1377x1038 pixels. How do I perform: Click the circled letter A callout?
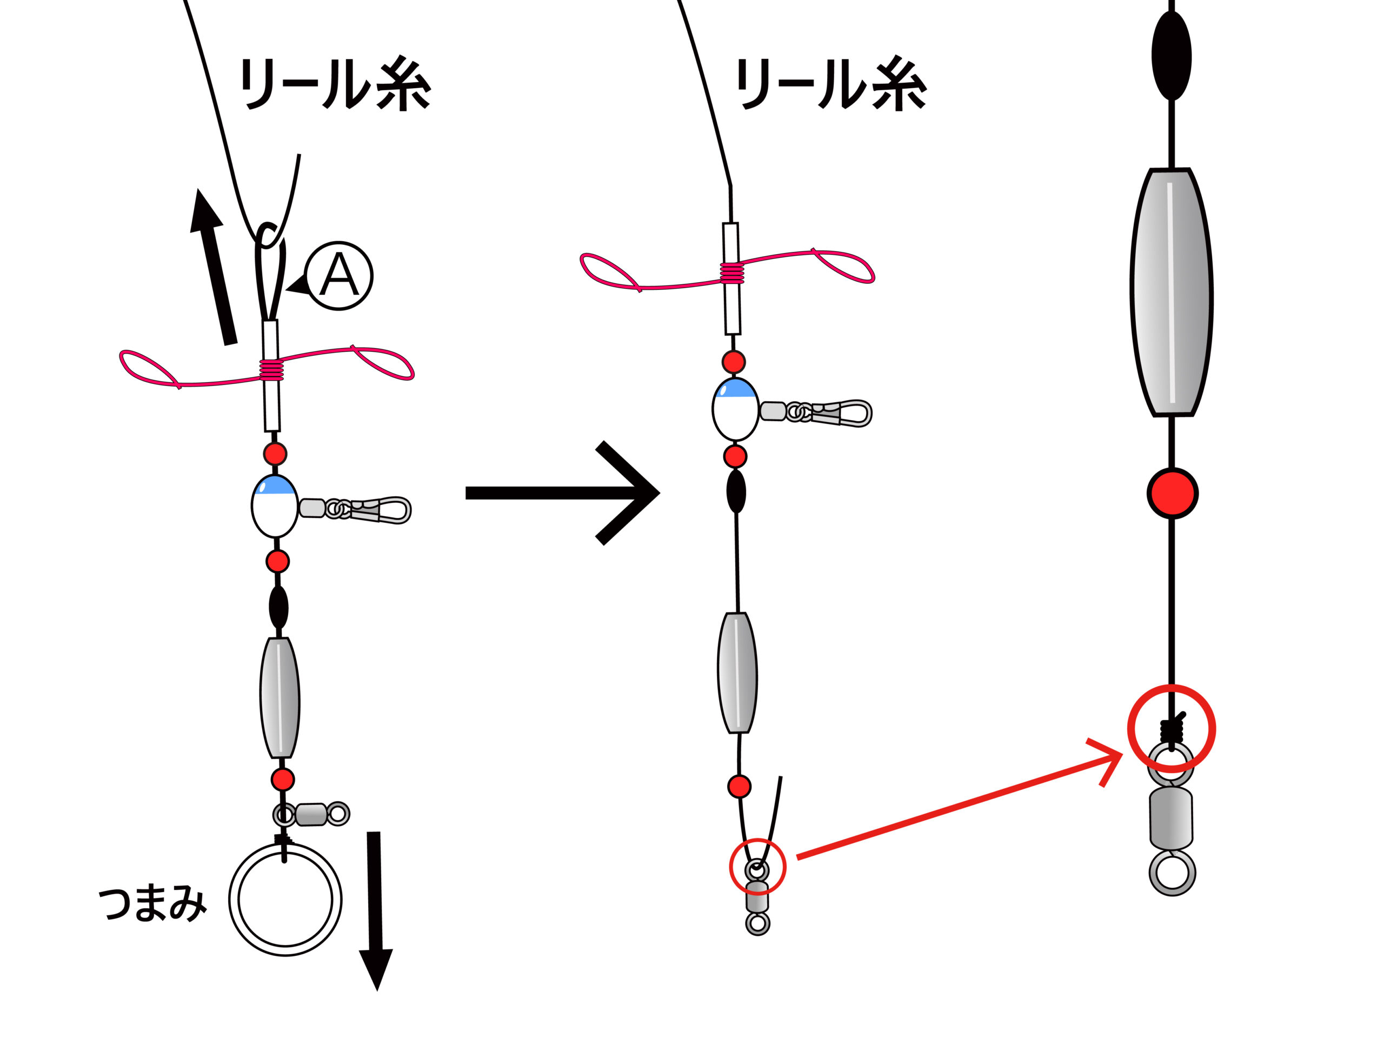[x=338, y=275]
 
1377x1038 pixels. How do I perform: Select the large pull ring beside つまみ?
[x=285, y=899]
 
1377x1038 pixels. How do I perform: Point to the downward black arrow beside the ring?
[x=375, y=909]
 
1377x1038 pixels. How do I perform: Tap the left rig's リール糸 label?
[x=335, y=85]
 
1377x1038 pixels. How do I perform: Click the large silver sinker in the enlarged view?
[x=1172, y=292]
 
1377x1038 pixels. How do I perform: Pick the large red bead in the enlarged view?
[x=1172, y=493]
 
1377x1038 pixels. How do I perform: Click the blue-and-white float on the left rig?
[x=275, y=506]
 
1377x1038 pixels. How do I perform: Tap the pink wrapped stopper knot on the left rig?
[x=271, y=370]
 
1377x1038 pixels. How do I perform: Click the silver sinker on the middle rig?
[x=737, y=673]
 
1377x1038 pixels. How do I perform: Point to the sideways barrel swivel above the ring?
[x=311, y=814]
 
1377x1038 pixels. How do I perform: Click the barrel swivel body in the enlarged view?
[x=1171, y=817]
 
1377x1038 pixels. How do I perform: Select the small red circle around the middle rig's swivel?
[x=757, y=867]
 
